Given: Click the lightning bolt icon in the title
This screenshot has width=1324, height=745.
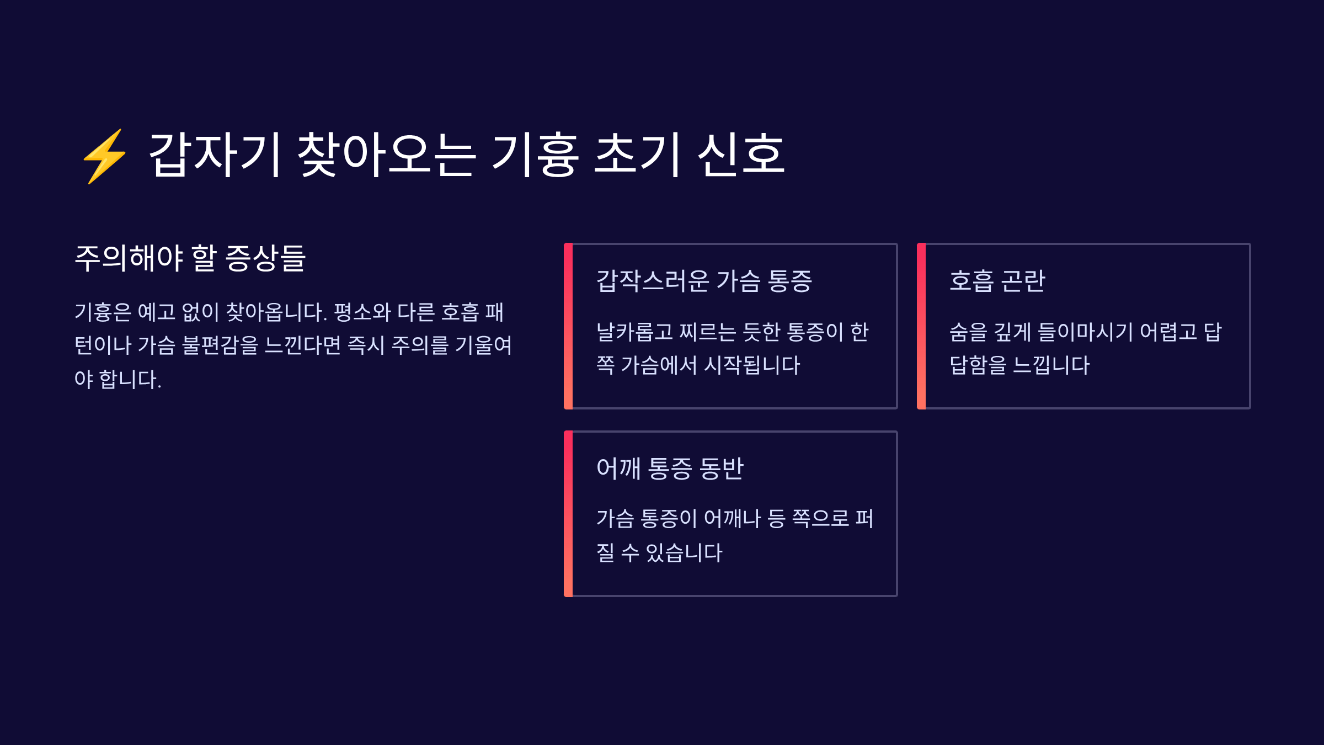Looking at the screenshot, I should [105, 156].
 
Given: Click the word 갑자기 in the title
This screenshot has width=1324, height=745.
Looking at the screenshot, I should [216, 155].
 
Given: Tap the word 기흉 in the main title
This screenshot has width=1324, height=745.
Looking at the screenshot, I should [535, 155].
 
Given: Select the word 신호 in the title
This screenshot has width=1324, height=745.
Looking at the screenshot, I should [741, 155].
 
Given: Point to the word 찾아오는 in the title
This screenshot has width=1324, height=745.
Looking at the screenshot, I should [386, 155].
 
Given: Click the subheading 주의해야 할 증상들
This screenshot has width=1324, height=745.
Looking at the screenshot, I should [190, 258].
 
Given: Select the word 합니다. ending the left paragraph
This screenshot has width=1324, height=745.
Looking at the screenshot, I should [130, 380].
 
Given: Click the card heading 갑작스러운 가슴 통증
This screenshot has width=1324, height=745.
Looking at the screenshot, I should [704, 281].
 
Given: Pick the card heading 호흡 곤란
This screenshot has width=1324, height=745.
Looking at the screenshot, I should [997, 281].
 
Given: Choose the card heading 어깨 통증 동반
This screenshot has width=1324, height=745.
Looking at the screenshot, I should [670, 469].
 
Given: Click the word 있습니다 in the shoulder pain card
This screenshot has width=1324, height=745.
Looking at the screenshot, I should [684, 552].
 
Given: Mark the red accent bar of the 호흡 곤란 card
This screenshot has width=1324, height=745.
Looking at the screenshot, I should [921, 326].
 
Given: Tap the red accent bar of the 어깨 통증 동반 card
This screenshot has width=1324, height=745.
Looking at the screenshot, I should [568, 514].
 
